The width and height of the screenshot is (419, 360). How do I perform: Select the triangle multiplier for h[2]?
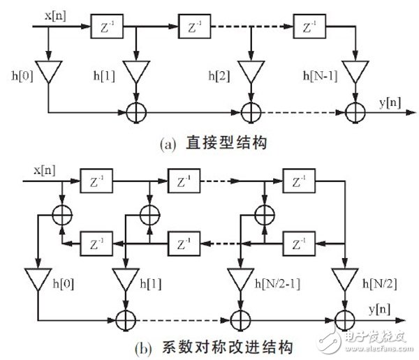point(249,71)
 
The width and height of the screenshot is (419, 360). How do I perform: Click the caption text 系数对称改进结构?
point(214,345)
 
